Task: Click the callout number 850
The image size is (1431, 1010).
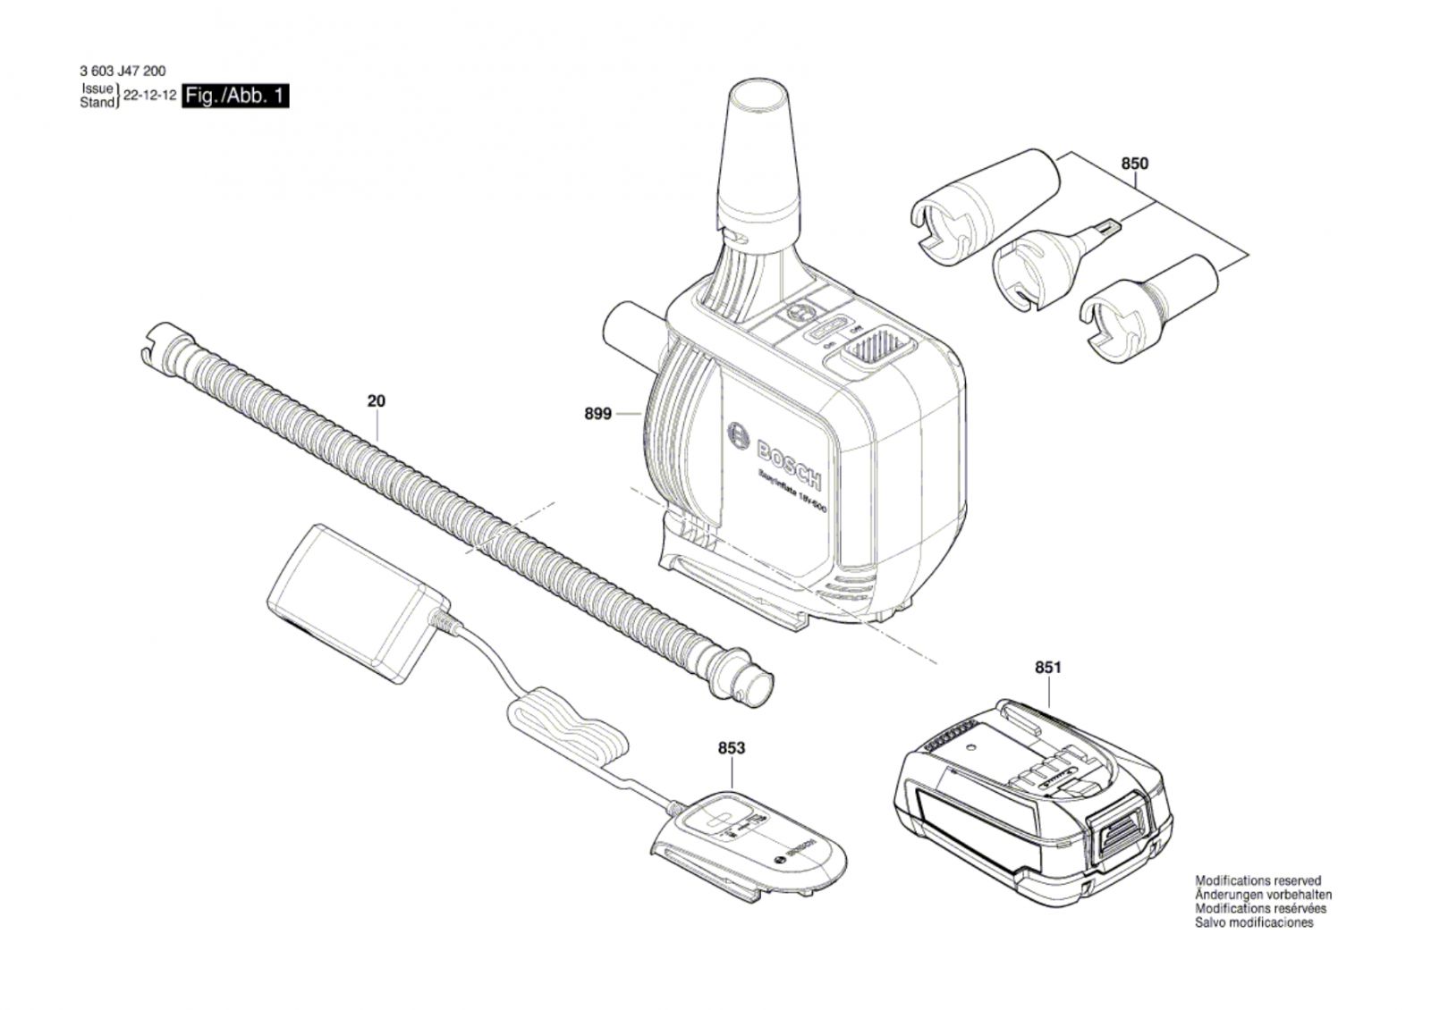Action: point(1134,164)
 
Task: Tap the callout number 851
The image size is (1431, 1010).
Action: point(1047,668)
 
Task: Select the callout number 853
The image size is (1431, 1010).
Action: point(731,748)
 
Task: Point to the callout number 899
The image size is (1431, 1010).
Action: point(597,414)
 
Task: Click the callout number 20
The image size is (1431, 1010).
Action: point(377,401)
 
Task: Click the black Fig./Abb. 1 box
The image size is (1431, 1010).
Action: point(235,96)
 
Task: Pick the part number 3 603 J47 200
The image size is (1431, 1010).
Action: point(122,72)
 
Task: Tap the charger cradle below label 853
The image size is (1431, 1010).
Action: point(747,845)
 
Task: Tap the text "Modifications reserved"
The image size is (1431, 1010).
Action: point(1257,881)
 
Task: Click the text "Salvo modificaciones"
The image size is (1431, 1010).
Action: point(1254,922)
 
